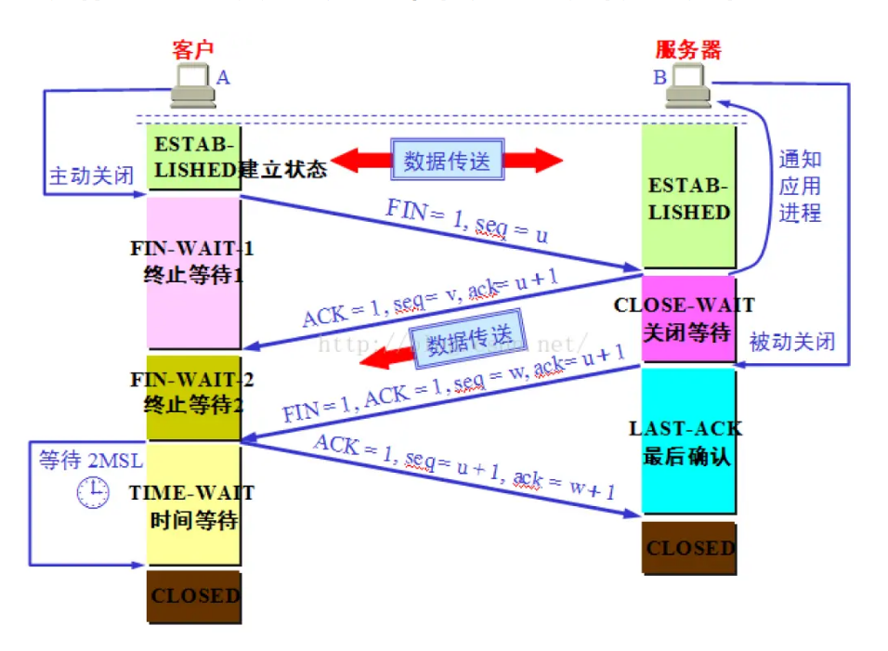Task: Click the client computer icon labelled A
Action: point(192,85)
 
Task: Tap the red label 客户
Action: point(192,49)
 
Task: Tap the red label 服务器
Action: point(688,49)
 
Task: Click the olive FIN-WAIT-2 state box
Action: point(193,397)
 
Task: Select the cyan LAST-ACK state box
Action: point(687,441)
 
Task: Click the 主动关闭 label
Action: point(91,176)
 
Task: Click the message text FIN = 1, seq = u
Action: point(466,222)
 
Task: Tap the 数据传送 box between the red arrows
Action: point(446,160)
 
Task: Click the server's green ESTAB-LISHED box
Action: point(688,198)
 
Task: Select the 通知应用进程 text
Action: point(800,186)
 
